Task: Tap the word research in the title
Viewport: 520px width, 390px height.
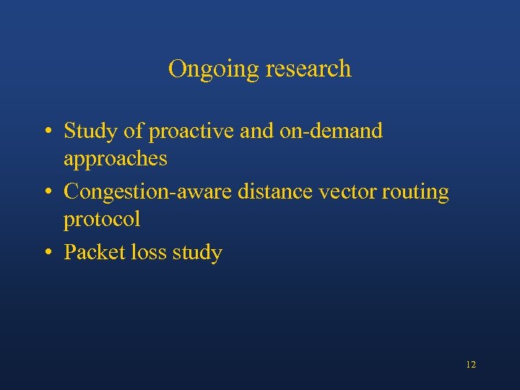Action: click(308, 69)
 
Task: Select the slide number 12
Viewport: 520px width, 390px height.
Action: click(471, 365)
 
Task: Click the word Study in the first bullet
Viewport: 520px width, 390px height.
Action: click(89, 131)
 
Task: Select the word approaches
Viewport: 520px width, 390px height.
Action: click(115, 157)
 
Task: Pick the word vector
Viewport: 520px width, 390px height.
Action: click(338, 192)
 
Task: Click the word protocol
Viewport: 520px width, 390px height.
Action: click(102, 218)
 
